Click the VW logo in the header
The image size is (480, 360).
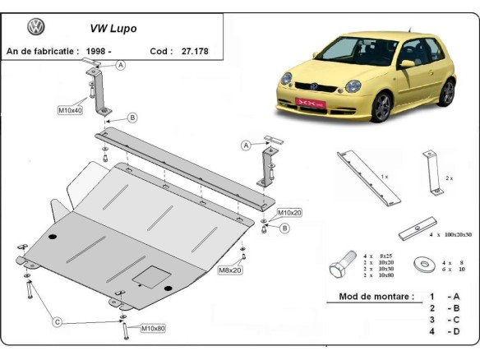click(x=36, y=27)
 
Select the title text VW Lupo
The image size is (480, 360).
click(x=113, y=28)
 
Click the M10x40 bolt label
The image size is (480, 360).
click(x=70, y=109)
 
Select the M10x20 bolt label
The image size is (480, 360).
click(x=289, y=212)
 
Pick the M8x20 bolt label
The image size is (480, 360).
click(x=230, y=269)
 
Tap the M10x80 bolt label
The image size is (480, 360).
click(x=153, y=329)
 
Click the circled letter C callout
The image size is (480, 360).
click(x=58, y=321)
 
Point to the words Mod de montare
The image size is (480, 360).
click(x=376, y=297)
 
